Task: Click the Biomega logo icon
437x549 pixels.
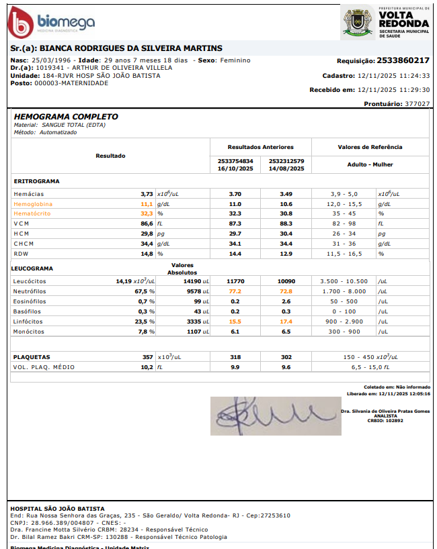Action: [20, 23]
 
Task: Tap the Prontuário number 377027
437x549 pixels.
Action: [417, 104]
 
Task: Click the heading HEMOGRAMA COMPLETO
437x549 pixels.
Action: [66, 117]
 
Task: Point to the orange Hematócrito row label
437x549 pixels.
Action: [32, 213]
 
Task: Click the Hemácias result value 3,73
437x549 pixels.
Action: [147, 193]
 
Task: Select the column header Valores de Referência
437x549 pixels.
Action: [370, 147]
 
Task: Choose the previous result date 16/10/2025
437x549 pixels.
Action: [235, 168]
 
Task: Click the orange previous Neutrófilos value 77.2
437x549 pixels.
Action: [235, 291]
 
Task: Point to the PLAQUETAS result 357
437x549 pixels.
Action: [147, 357]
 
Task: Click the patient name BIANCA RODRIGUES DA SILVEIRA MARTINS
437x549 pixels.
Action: [131, 48]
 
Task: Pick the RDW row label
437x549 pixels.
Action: [21, 254]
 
